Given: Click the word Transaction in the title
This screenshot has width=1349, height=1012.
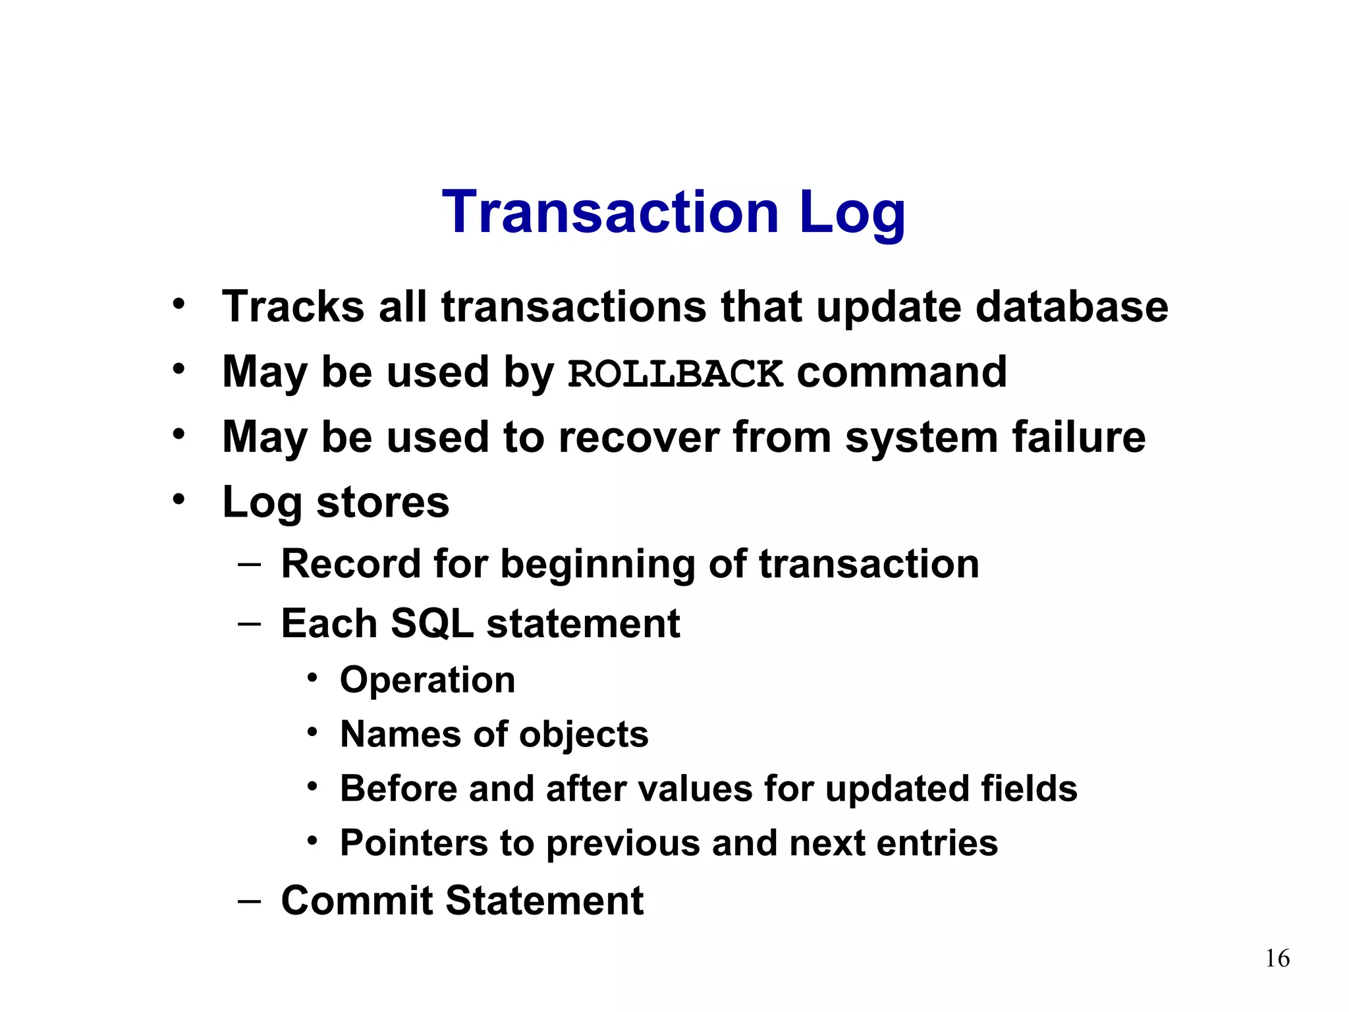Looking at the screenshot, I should (x=610, y=212).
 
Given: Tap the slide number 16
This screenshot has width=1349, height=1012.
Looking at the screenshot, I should (x=1277, y=958).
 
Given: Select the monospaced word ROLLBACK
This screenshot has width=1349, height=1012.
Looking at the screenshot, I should (x=675, y=374).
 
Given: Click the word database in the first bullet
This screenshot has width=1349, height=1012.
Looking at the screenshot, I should (x=1071, y=307).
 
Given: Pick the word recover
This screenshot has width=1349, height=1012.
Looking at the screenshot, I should (x=639, y=437).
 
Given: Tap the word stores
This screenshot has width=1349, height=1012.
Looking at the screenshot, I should (x=383, y=502).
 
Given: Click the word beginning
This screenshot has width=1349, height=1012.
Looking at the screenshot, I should (x=597, y=565).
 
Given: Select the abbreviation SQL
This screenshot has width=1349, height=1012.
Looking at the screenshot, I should (x=431, y=623).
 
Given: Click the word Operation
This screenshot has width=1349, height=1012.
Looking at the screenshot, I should (x=427, y=679).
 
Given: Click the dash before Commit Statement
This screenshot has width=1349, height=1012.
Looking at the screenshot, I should (x=249, y=900).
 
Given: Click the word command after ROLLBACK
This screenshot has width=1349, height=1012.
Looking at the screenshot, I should (x=902, y=372).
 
